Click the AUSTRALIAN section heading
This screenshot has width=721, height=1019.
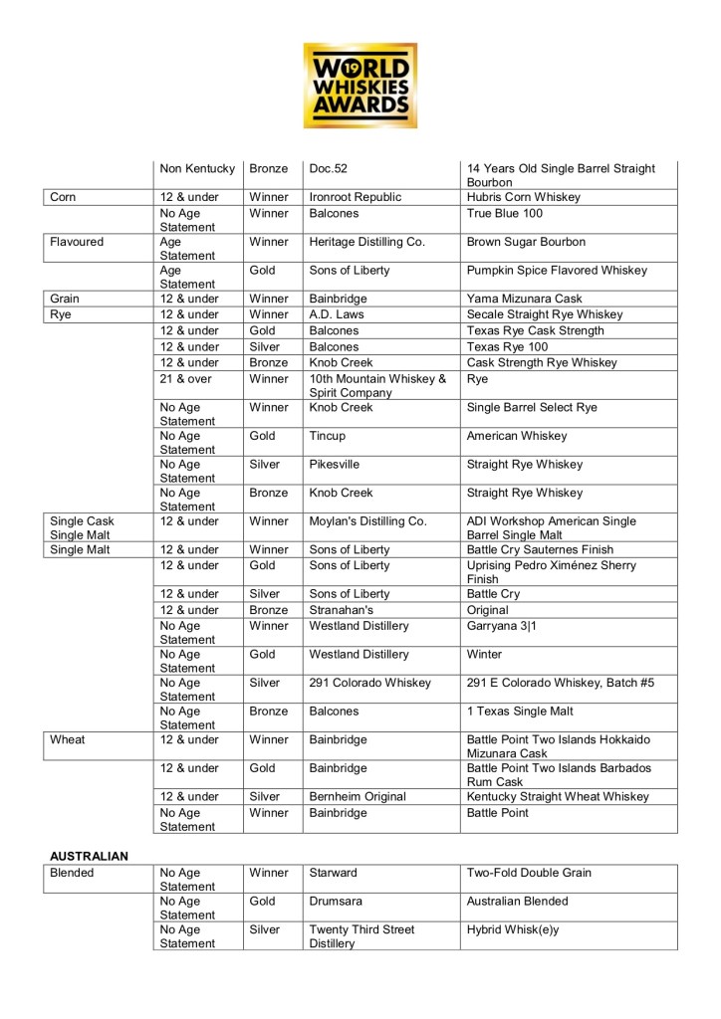tap(90, 855)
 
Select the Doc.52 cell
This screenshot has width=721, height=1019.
tap(329, 168)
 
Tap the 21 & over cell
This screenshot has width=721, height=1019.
tap(183, 378)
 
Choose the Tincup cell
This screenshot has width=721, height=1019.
tap(329, 435)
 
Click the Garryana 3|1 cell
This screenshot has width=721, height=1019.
tap(502, 625)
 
